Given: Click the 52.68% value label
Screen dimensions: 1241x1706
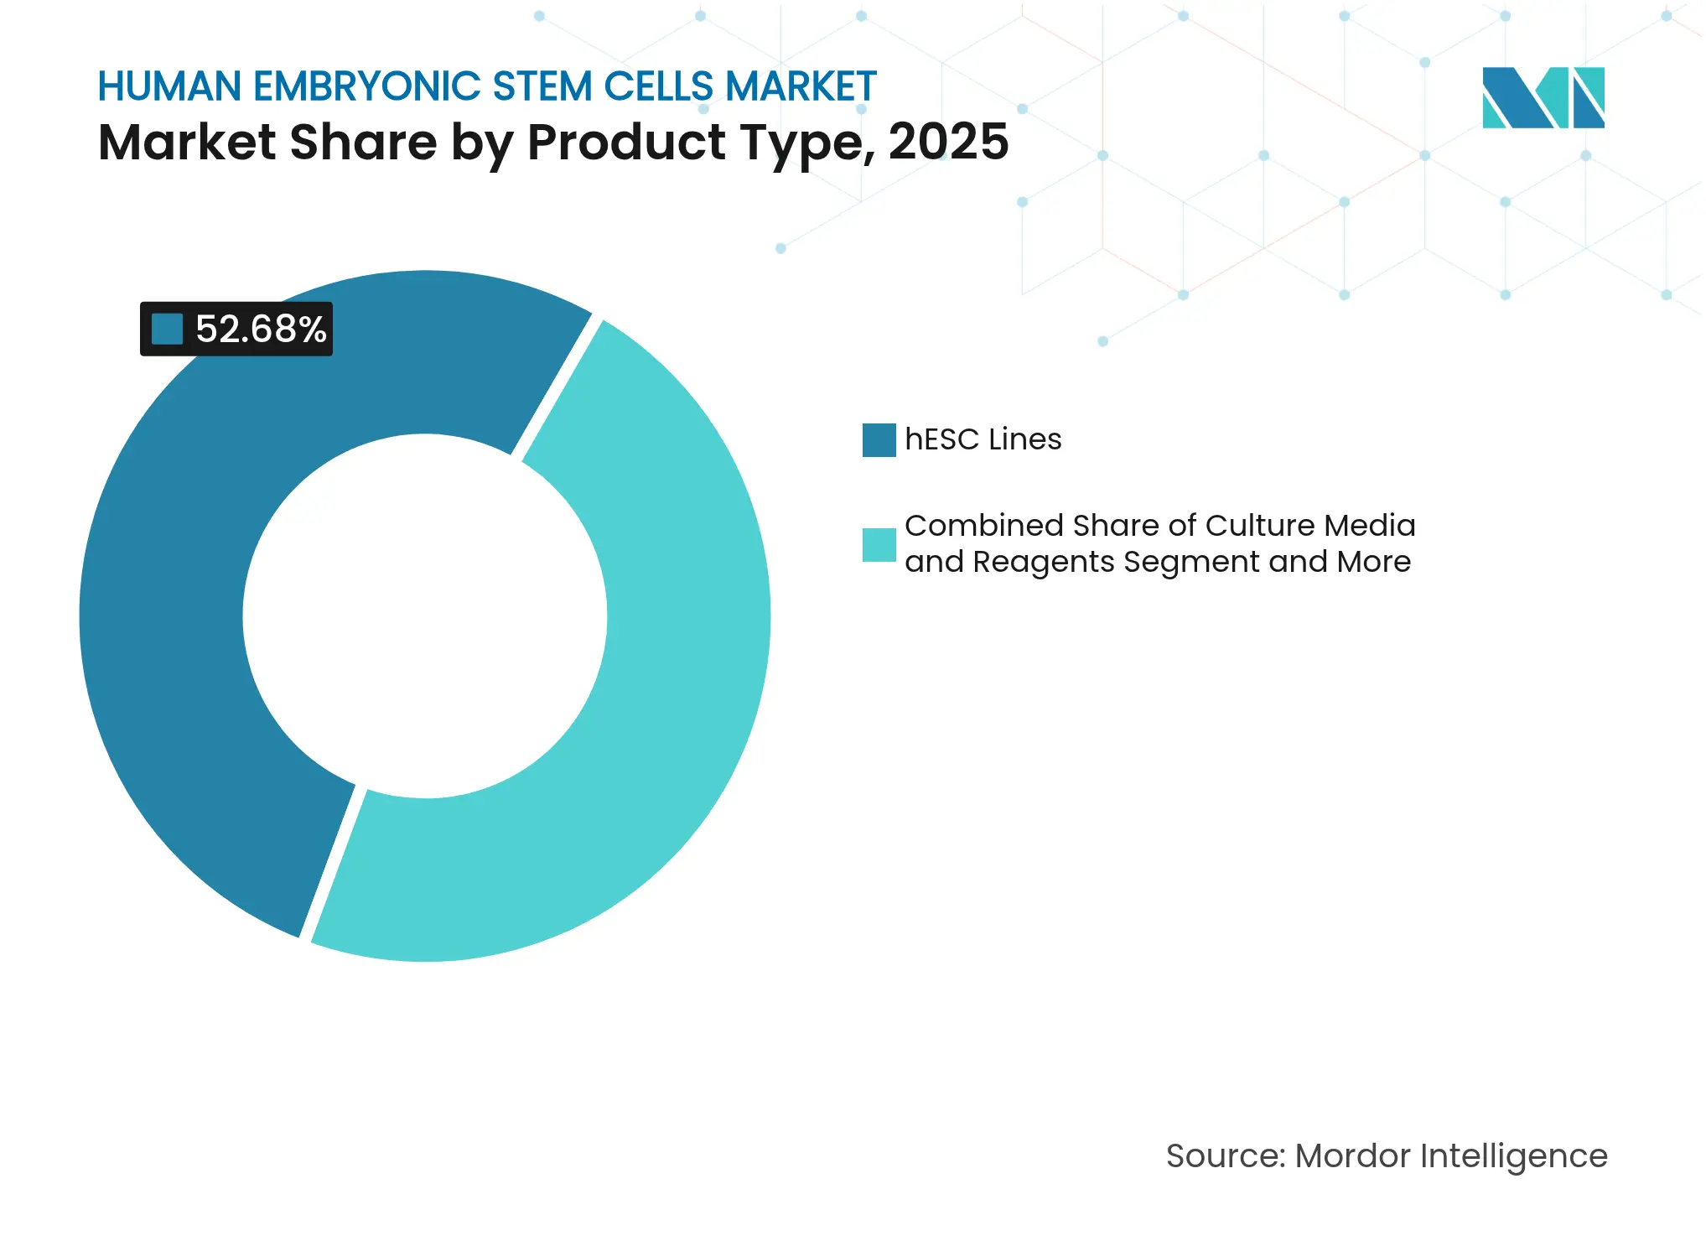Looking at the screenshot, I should (x=260, y=329).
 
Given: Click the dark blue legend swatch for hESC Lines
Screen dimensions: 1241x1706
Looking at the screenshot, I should (x=879, y=440).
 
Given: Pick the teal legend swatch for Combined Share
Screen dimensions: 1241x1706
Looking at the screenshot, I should (x=879, y=545).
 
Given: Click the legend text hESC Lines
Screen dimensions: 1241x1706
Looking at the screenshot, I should (x=983, y=439).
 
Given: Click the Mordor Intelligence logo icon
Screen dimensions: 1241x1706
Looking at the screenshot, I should (x=1543, y=98).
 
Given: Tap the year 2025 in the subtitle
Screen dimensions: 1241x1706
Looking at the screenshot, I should (x=948, y=142).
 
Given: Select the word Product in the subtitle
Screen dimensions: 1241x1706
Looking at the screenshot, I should (x=626, y=142).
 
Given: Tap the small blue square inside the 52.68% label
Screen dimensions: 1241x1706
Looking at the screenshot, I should (x=167, y=329).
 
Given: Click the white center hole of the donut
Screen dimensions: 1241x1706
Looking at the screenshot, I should (x=425, y=616).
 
